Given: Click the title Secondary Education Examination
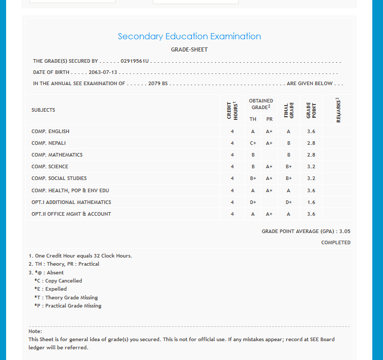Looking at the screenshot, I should (189, 37).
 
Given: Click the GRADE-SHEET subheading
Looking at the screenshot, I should (189, 49).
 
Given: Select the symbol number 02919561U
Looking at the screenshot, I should (134, 61).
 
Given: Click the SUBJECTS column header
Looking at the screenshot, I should (43, 110).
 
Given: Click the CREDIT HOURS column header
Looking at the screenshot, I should (232, 110).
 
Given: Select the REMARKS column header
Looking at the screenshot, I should (338, 110).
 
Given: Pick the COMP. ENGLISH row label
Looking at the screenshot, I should (50, 132).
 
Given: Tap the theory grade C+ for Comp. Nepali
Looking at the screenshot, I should (253, 143).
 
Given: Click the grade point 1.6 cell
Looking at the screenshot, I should (311, 202).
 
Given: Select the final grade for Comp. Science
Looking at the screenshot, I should (289, 167).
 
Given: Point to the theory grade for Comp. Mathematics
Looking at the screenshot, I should (253, 155).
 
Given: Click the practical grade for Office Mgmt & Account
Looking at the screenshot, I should (269, 214).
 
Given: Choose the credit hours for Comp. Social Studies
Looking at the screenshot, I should (232, 178).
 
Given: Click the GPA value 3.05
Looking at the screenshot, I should (345, 232).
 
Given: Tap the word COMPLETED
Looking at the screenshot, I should (336, 243).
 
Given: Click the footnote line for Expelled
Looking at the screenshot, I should (50, 289).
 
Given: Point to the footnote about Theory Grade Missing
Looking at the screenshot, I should (66, 298).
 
